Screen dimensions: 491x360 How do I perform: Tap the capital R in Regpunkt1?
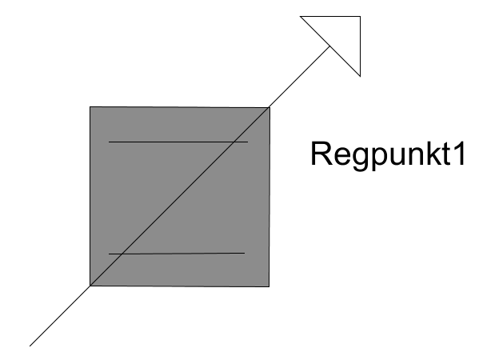(321, 154)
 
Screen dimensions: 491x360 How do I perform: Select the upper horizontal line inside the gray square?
(178, 142)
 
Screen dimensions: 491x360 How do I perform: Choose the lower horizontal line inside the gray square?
(177, 253)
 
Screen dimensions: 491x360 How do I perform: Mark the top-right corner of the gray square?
(269, 108)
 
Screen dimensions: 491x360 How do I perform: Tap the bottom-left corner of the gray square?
(90, 286)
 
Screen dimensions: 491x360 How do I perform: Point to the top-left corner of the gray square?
(90, 107)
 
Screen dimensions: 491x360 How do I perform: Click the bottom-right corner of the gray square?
(269, 286)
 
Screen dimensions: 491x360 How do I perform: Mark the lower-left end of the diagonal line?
(30, 346)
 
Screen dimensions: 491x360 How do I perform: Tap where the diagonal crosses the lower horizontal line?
(123, 253)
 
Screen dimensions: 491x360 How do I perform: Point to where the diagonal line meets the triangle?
(330, 46)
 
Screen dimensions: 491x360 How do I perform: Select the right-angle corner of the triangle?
(360, 16)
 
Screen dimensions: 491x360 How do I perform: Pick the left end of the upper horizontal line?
(109, 142)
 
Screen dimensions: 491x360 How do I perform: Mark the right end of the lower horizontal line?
(245, 253)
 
